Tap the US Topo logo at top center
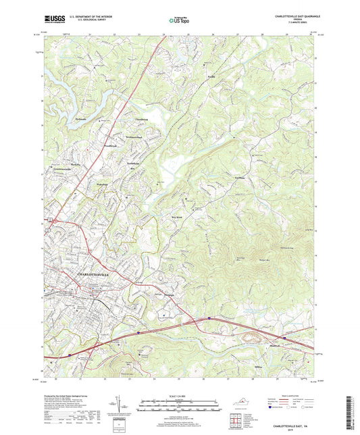(177, 20)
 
